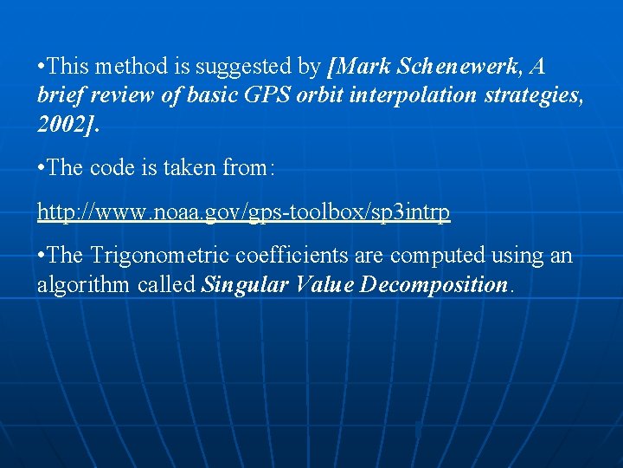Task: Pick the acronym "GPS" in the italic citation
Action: (265, 95)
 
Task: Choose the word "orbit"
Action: (319, 95)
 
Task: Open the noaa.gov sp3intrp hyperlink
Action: (243, 212)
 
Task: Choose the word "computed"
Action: (434, 257)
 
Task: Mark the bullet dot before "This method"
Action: (42, 67)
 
